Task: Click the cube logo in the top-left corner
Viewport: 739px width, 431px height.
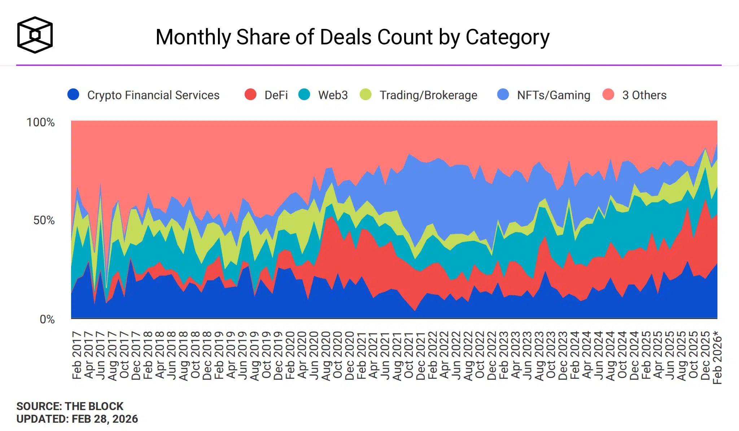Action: click(x=35, y=35)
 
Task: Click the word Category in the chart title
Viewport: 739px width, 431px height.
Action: click(x=507, y=37)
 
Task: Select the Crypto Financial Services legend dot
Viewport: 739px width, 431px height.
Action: click(x=73, y=95)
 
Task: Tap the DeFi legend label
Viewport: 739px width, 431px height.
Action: click(x=276, y=95)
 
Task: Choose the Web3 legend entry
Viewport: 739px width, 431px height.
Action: click(x=333, y=95)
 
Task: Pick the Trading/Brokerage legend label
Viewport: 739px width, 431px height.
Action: click(x=428, y=95)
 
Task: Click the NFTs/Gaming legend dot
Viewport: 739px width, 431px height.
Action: click(x=503, y=95)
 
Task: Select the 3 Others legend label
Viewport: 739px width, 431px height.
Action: click(x=644, y=95)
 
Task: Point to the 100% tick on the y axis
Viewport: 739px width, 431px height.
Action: click(x=40, y=122)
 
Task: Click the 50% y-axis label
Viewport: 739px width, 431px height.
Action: click(x=44, y=220)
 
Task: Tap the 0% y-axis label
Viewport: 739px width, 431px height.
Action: click(x=47, y=319)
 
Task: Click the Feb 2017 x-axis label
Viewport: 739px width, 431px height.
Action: click(x=77, y=355)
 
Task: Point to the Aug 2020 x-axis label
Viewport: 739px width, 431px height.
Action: click(x=326, y=356)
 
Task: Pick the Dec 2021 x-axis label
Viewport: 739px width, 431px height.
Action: click(x=421, y=356)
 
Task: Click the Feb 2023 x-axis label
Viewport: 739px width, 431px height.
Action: click(x=504, y=355)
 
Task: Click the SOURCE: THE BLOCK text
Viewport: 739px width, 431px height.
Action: click(x=70, y=406)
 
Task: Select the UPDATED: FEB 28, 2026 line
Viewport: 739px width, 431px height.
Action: click(x=77, y=419)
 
